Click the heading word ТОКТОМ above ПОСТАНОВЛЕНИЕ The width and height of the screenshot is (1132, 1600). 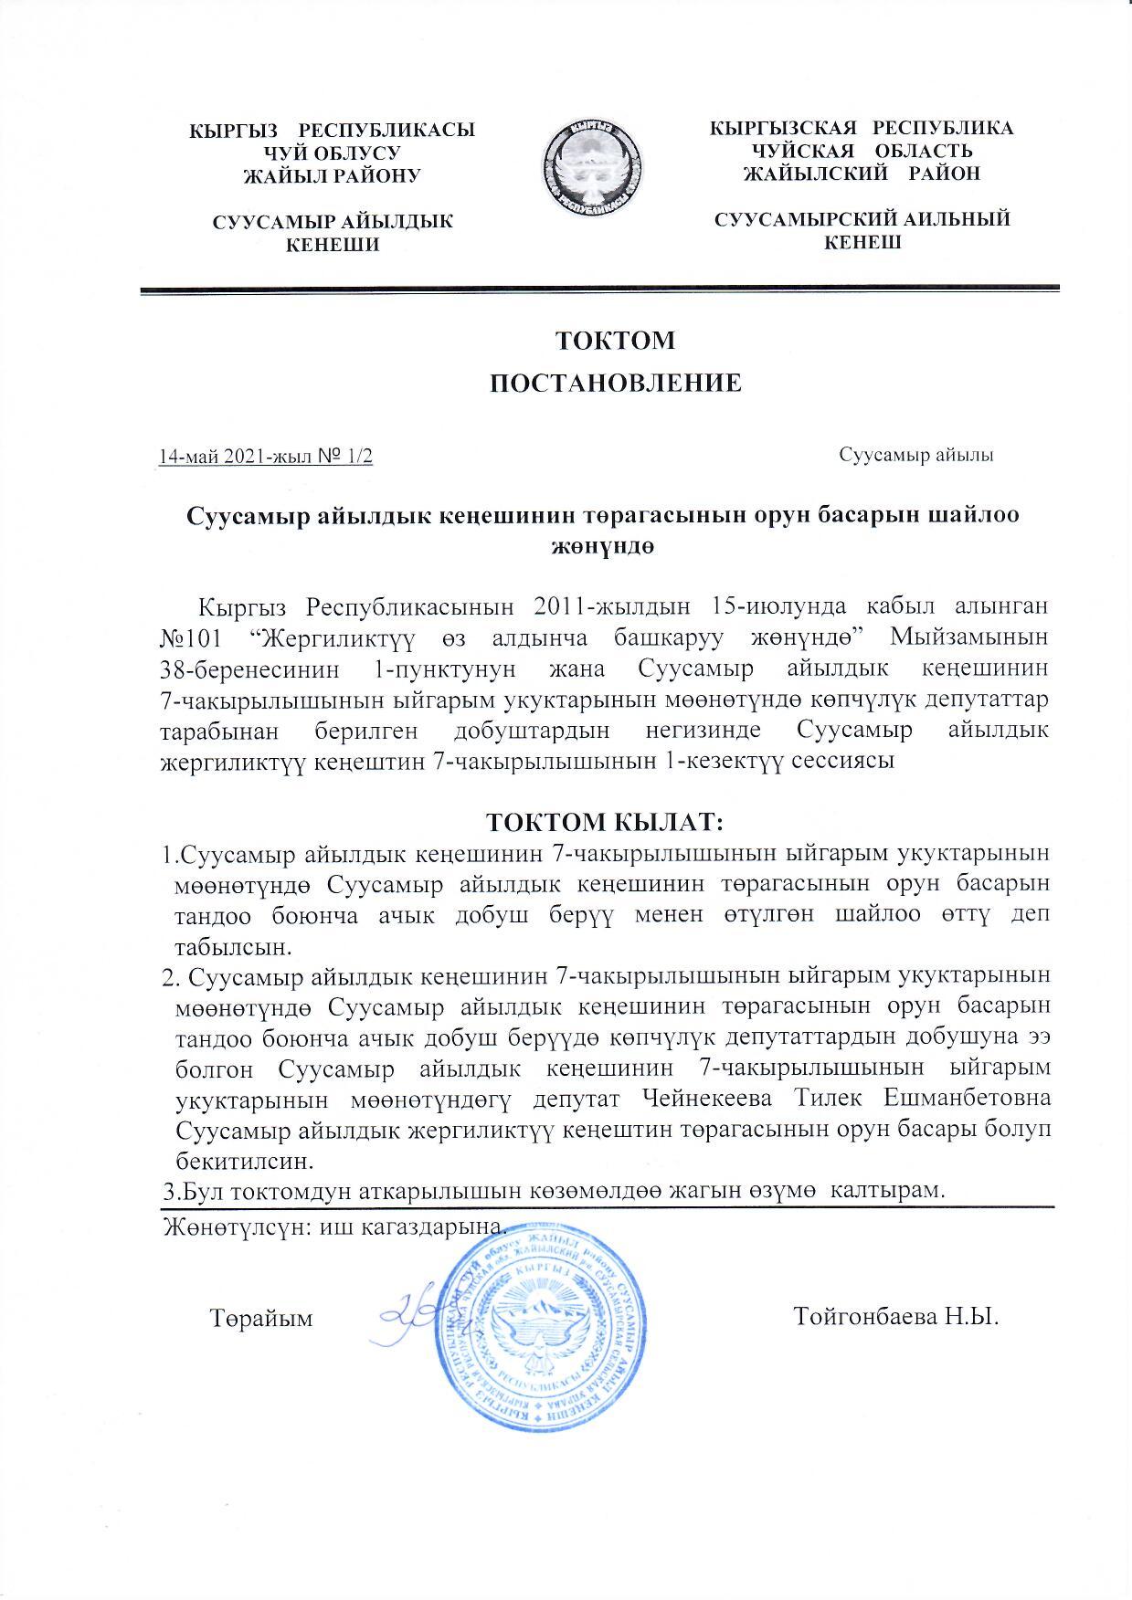coord(616,341)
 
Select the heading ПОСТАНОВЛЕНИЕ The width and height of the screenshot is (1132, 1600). coord(616,384)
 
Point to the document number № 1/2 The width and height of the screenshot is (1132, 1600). coord(344,456)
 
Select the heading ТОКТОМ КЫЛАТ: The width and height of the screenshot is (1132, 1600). coord(606,823)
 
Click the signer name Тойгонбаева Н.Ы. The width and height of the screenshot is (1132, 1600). coord(896,1318)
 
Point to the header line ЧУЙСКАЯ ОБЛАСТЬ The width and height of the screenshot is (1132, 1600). coord(861,150)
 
